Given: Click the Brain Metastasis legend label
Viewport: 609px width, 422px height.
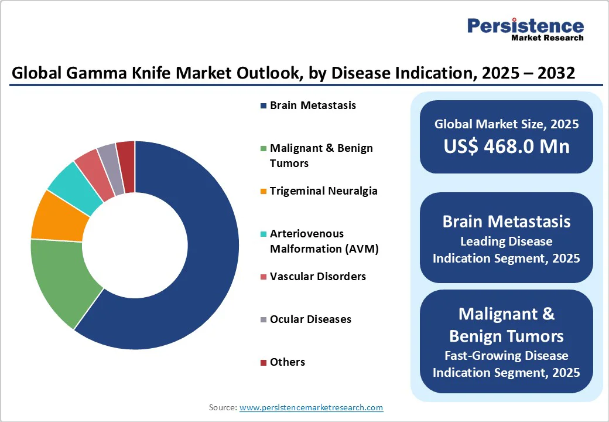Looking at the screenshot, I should point(313,105).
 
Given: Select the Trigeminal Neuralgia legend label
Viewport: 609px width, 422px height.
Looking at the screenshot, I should point(323,191).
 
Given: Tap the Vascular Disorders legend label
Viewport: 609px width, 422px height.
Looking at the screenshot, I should point(317,276).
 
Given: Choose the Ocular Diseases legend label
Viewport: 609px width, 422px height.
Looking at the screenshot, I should point(310,319).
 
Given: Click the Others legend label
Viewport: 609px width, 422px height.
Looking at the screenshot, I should point(287,362).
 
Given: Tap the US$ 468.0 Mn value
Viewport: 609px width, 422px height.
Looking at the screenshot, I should point(507,146).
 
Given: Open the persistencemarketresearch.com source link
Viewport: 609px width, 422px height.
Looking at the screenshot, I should point(311,407).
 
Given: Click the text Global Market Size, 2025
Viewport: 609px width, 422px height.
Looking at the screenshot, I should point(507,124).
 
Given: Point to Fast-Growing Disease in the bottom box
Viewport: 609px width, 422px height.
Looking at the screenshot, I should point(507,356).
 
